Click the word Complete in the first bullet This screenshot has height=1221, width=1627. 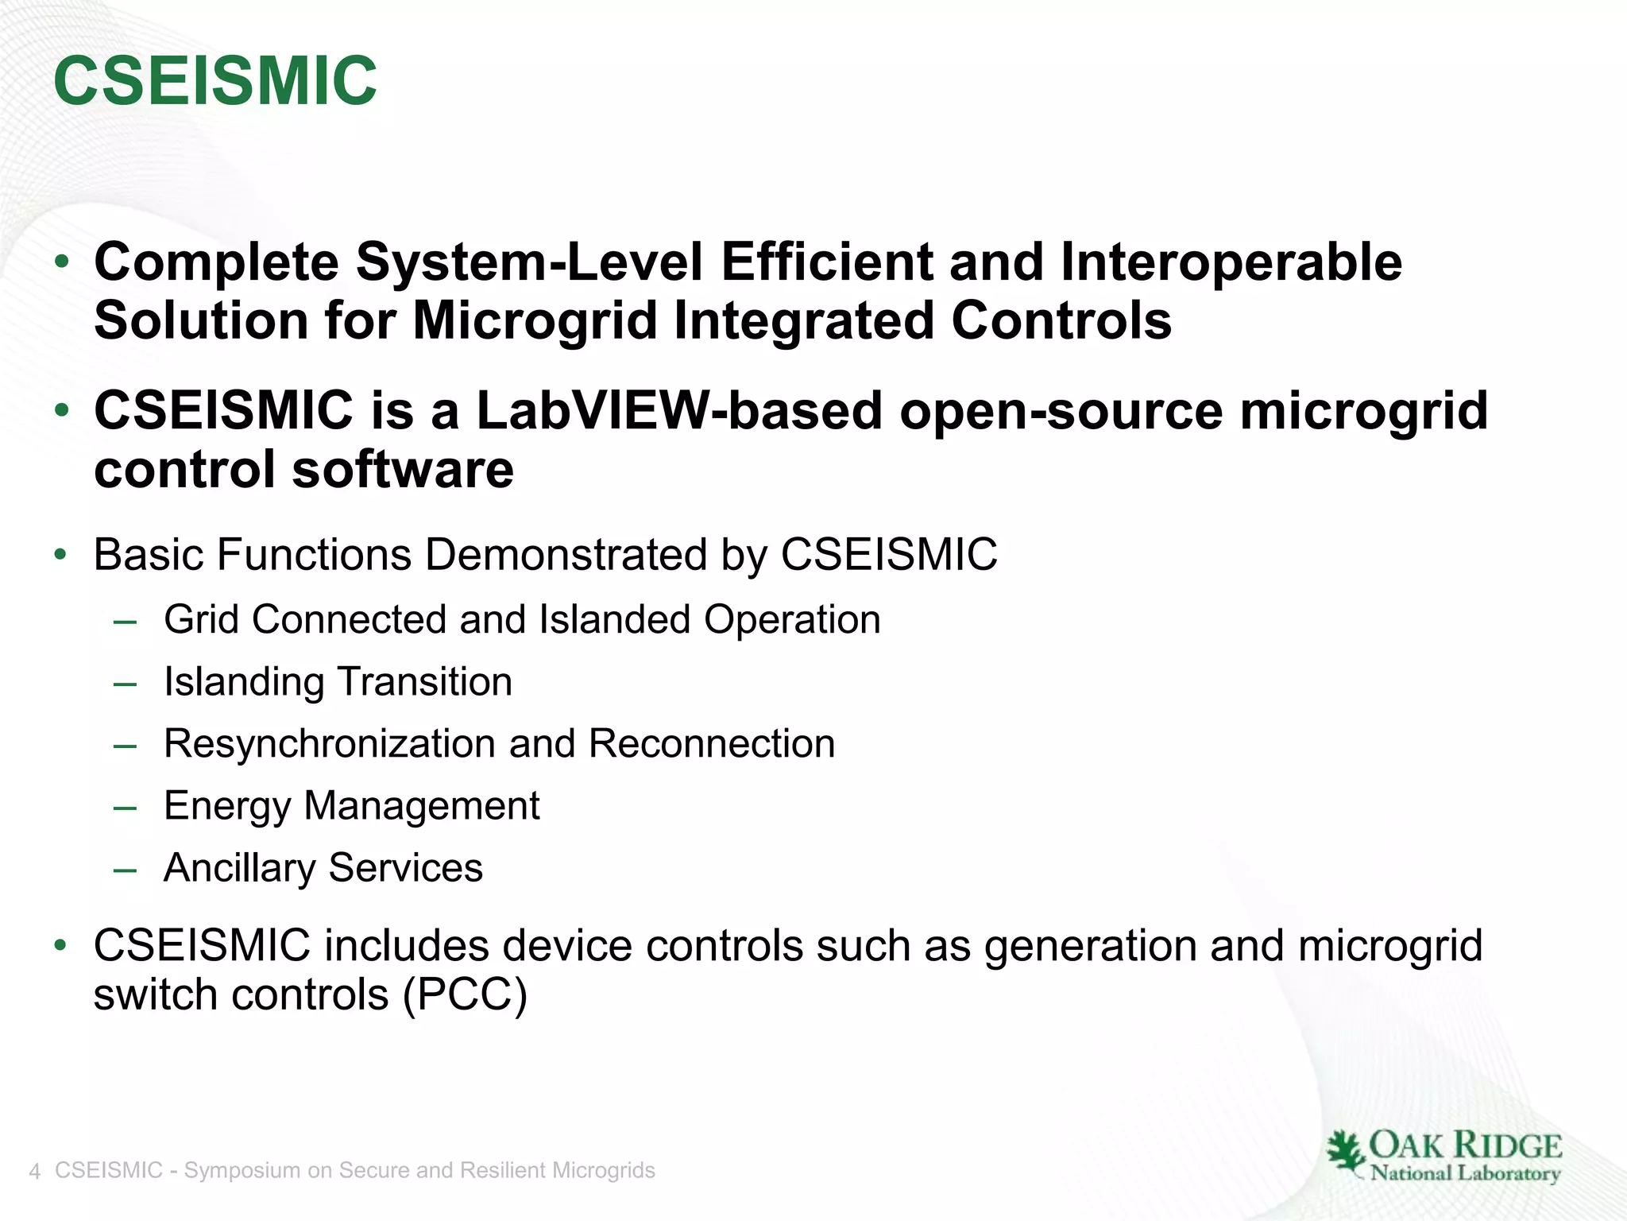pyautogui.click(x=216, y=262)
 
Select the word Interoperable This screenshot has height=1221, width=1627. pyautogui.click(x=1231, y=262)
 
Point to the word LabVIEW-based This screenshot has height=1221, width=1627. pyautogui.click(x=679, y=411)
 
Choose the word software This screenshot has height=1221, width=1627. pyautogui.click(x=403, y=469)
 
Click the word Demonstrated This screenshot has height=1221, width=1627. pyautogui.click(x=566, y=554)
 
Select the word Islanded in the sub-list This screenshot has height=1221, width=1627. pyautogui.click(x=614, y=619)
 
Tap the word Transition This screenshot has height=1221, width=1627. pyautogui.click(x=425, y=681)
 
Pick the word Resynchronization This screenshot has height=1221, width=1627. pyautogui.click(x=330, y=744)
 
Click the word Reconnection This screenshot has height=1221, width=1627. pyautogui.click(x=712, y=744)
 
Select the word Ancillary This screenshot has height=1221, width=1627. pyautogui.click(x=239, y=868)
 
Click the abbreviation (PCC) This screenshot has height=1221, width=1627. pyautogui.click(x=465, y=994)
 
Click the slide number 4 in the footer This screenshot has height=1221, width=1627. pyautogui.click(x=34, y=1172)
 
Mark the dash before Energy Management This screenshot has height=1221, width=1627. pyautogui.click(x=125, y=807)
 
